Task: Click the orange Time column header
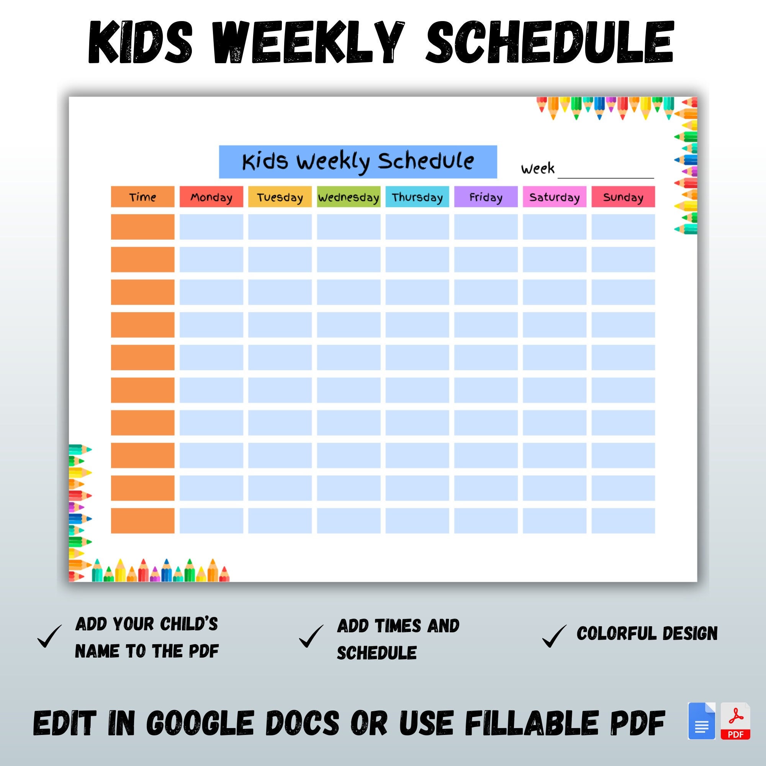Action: pos(142,196)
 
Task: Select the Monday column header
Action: pos(211,196)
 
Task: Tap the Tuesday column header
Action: pos(280,196)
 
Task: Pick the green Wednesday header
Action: pos(349,196)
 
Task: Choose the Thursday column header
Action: pos(417,196)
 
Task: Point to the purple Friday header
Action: pos(486,196)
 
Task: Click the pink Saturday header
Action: pos(554,196)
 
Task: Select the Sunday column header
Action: pos(623,196)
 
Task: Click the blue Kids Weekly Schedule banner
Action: pos(358,162)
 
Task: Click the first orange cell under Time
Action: pos(142,227)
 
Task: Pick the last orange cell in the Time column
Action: pos(142,520)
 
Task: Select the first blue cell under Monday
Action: pos(211,227)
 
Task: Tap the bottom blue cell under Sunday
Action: pos(623,520)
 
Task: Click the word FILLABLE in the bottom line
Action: pos(531,723)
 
